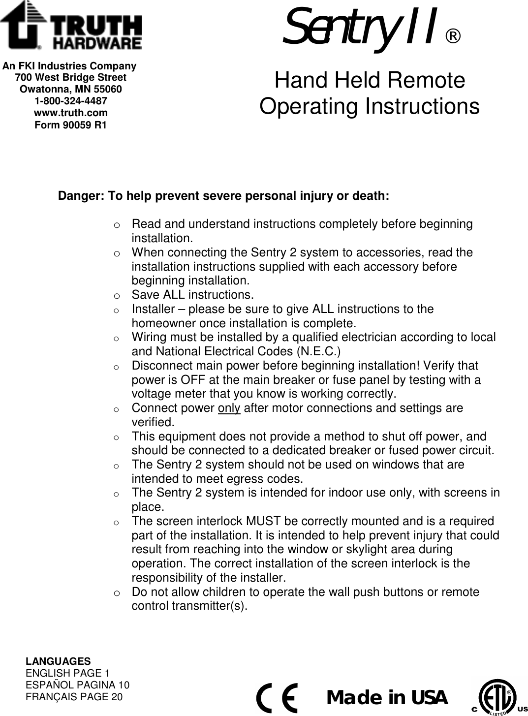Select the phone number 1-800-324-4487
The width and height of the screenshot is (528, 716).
point(71,101)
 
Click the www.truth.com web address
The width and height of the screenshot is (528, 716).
point(71,113)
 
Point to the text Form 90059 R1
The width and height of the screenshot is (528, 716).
point(71,125)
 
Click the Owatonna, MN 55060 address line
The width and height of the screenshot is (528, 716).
point(71,90)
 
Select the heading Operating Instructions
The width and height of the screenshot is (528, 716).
point(369,106)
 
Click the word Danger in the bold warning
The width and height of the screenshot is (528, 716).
point(78,196)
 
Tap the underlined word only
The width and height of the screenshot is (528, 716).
point(229,408)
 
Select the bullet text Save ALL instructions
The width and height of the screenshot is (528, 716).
point(192,295)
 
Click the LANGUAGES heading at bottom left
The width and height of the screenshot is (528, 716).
point(58,661)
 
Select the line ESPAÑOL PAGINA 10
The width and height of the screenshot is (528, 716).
point(77,685)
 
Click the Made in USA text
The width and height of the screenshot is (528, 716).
point(387,698)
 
